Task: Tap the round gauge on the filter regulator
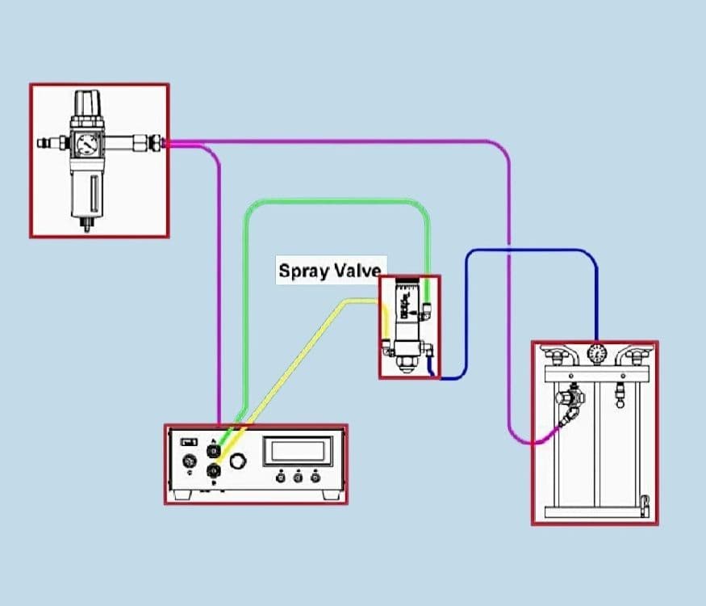[x=86, y=144]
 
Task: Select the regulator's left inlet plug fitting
[x=45, y=143]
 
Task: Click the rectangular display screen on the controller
[x=297, y=450]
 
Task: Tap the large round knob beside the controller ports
[x=237, y=461]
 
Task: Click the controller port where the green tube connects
[x=214, y=448]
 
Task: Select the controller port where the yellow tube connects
[x=214, y=469]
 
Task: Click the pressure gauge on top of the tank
[x=596, y=354]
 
